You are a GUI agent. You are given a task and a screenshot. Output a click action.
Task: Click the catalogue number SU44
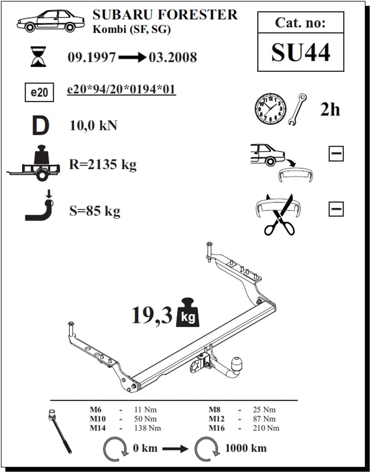pos(300,52)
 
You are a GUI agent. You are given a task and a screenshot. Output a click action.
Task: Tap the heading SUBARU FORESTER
pos(165,15)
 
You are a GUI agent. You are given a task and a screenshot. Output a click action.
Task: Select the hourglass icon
pos(38,57)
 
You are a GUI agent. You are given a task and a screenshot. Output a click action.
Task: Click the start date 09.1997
pos(92,57)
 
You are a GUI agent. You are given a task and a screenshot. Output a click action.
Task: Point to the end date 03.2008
pos(173,57)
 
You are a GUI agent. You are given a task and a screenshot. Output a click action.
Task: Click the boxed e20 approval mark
pos(39,92)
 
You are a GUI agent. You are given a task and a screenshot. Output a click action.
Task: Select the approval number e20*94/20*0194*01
pos(121,90)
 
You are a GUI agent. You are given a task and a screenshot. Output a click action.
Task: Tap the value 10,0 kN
pos(93,126)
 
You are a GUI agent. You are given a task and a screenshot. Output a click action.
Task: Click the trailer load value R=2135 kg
pos(103,164)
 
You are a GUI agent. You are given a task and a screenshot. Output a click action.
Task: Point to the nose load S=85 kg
pos(95,211)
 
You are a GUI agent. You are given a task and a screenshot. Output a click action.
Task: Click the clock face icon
pos(270,109)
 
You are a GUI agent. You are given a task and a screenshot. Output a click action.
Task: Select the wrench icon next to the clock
pos(298,109)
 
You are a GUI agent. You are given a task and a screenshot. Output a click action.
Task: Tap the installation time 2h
pos(330,109)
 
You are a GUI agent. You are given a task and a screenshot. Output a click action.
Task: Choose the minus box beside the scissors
pos(336,209)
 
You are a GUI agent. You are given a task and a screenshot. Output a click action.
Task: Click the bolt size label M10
pos(97,419)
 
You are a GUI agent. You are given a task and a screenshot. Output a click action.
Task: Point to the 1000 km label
pos(246,448)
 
